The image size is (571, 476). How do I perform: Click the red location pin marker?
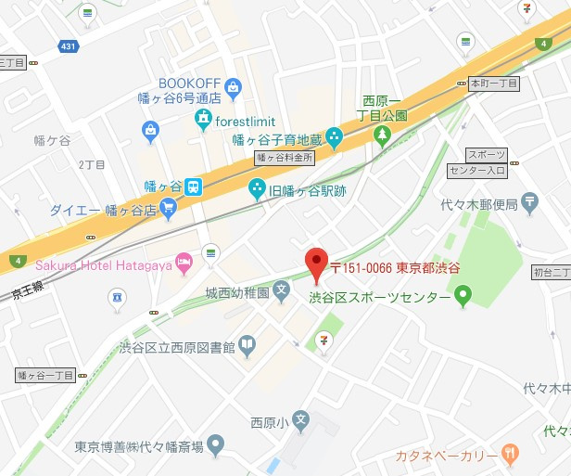pos(317,264)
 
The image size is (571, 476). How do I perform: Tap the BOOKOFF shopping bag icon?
pos(233,89)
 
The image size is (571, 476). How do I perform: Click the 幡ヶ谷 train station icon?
pos(193,186)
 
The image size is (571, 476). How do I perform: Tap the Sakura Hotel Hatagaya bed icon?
pos(184,262)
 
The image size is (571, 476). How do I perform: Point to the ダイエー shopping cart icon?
pos(168,209)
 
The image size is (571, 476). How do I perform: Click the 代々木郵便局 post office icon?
pos(529,200)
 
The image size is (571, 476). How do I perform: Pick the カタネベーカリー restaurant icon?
pos(509,454)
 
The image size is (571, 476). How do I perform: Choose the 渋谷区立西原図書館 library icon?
pos(247,347)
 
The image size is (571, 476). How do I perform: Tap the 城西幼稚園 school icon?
pos(282,294)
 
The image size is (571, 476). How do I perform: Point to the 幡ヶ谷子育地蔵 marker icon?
pos(334,137)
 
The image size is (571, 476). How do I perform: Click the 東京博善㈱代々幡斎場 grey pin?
pos(215,445)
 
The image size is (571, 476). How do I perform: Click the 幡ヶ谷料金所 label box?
pos(285,158)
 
